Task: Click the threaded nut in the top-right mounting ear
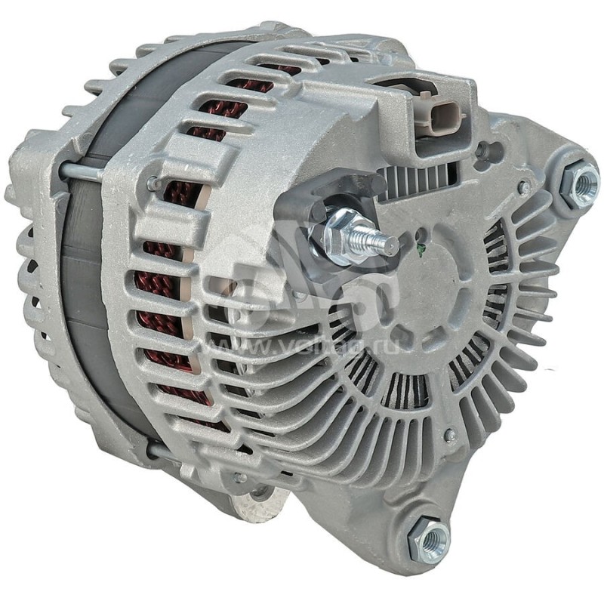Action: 581,184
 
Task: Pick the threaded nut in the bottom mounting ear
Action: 432,539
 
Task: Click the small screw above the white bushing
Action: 239,477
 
